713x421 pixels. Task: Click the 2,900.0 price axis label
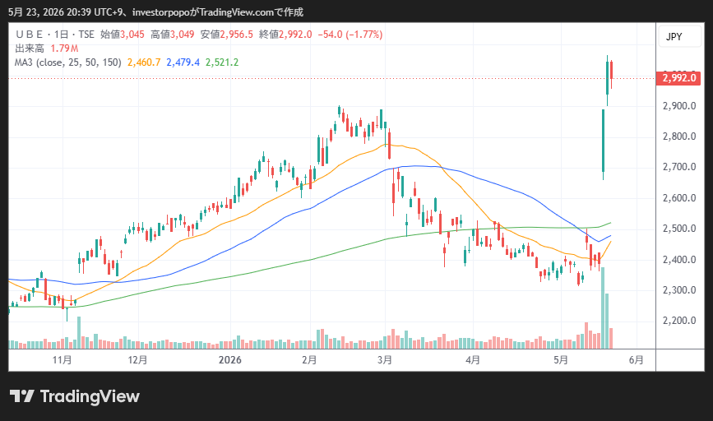point(679,106)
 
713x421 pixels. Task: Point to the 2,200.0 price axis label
point(679,321)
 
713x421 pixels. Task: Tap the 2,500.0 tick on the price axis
point(679,229)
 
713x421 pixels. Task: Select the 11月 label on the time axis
point(63,360)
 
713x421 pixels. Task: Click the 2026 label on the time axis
point(230,360)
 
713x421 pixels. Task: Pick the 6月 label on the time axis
point(637,360)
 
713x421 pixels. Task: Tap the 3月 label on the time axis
point(385,360)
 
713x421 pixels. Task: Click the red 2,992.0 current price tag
point(678,78)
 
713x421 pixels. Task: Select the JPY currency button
point(674,37)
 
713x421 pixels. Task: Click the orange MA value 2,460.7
point(144,62)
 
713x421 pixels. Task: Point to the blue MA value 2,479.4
point(183,62)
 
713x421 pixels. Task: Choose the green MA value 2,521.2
point(222,62)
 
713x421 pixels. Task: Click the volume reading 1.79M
point(64,49)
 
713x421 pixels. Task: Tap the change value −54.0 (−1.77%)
point(350,35)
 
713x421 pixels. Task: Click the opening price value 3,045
point(132,35)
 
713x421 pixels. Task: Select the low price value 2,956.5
point(237,35)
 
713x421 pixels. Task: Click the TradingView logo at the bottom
point(75,396)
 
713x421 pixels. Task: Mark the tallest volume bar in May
point(603,308)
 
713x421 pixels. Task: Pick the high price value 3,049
point(182,35)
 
